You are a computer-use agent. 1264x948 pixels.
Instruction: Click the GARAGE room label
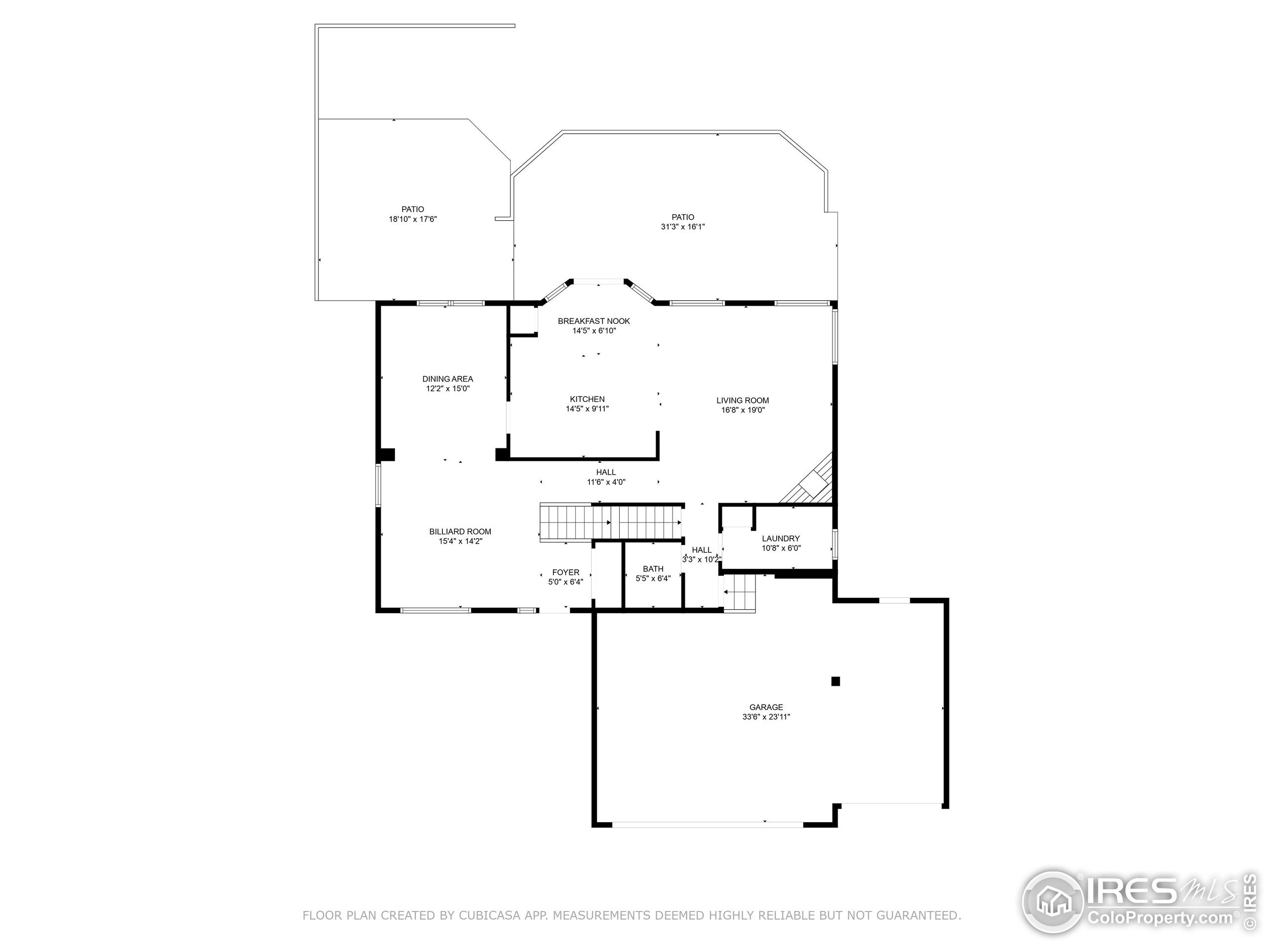coord(766,707)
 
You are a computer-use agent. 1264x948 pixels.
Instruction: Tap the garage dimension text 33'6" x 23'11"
coord(766,716)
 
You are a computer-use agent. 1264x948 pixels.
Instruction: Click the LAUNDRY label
coord(781,538)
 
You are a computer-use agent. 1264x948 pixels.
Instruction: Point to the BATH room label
coord(653,569)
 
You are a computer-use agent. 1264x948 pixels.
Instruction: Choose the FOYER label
coord(566,572)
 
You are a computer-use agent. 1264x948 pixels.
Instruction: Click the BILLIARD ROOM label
coord(460,531)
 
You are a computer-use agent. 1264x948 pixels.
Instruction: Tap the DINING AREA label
coord(447,379)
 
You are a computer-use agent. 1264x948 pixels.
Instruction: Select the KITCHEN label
coord(587,399)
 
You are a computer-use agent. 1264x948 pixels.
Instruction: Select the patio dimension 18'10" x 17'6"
coord(413,219)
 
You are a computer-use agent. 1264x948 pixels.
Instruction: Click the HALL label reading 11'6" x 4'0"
coord(606,472)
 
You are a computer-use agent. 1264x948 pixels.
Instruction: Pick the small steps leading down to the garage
coord(740,592)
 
